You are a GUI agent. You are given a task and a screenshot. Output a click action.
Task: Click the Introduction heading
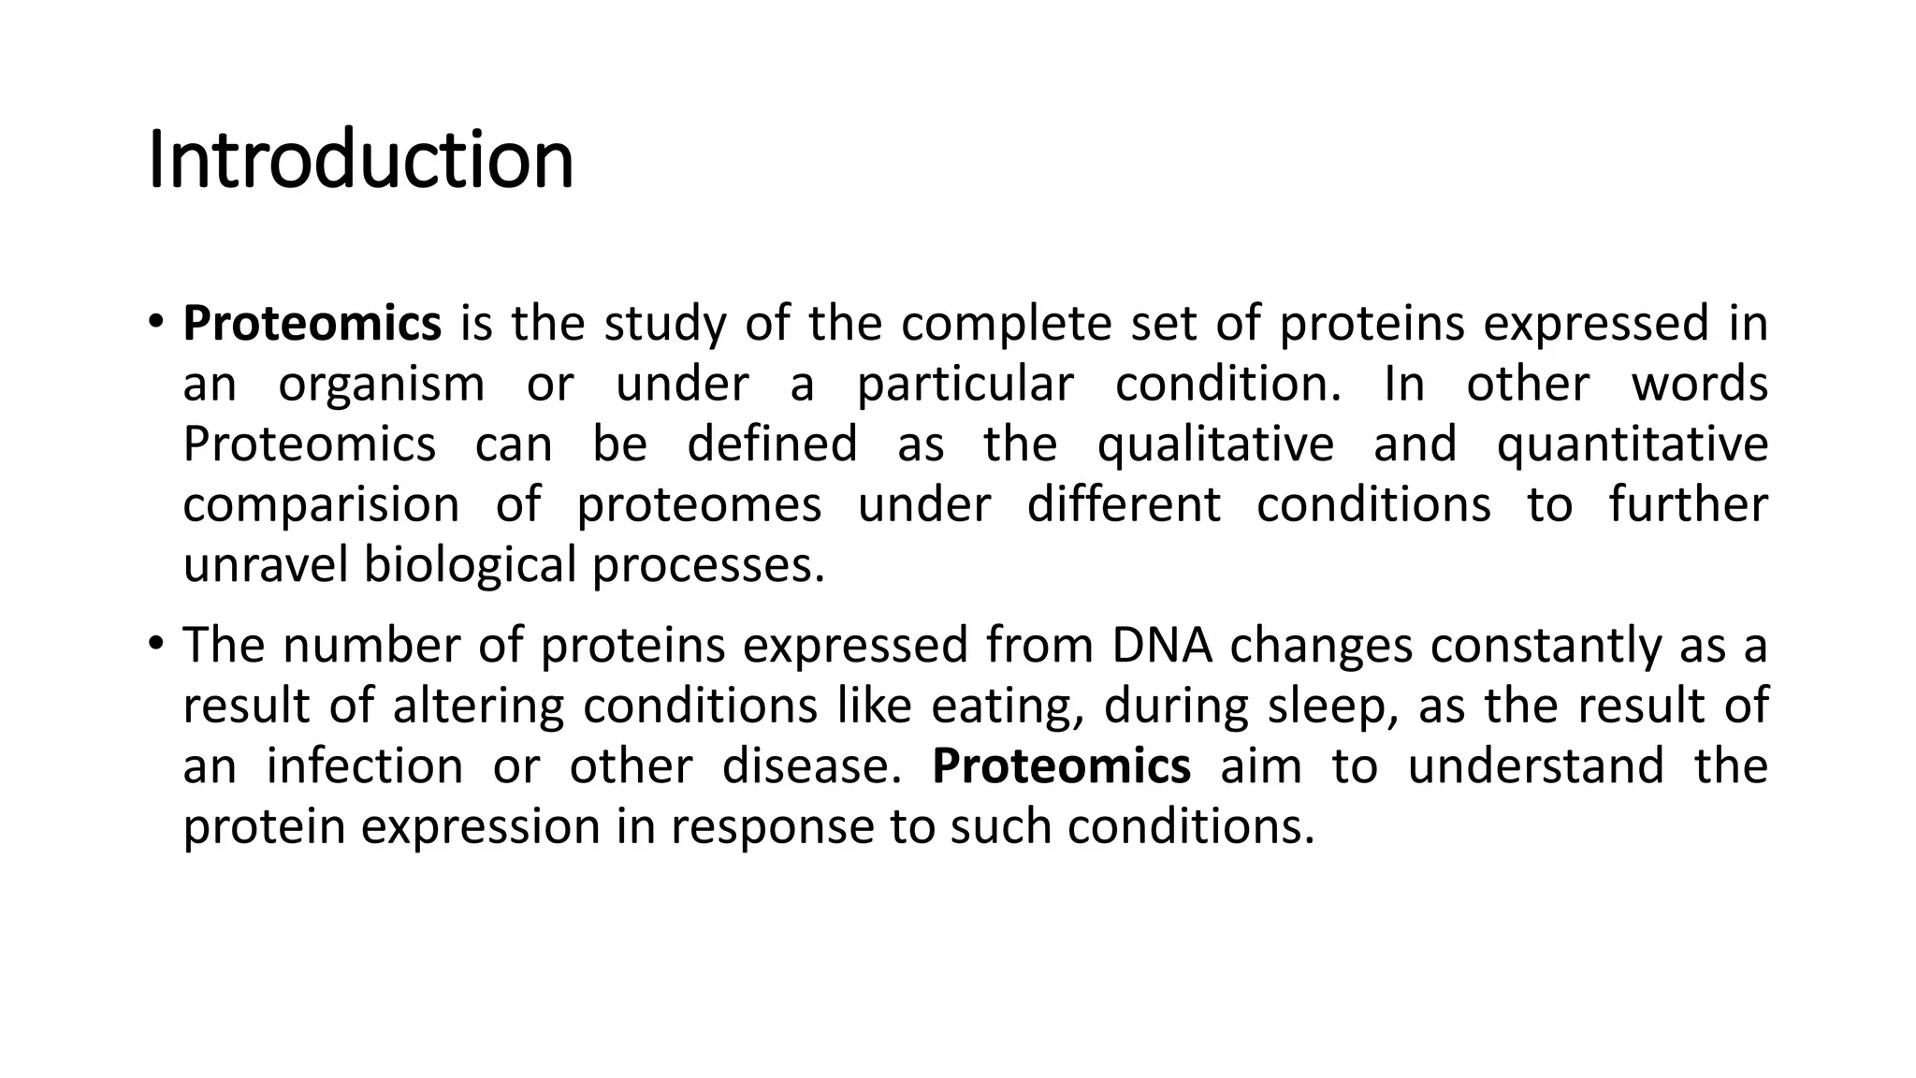pos(361,161)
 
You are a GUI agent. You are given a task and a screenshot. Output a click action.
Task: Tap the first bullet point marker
pos(155,323)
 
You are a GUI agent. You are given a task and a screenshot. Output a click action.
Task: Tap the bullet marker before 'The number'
pos(155,645)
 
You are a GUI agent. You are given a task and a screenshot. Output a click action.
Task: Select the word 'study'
pos(664,325)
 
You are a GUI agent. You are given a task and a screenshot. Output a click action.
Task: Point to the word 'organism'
pos(382,385)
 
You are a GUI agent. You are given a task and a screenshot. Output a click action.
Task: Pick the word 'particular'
pos(965,385)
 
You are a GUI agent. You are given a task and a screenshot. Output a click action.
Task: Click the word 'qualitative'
pos(1215,444)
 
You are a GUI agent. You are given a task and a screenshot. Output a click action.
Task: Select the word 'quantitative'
pos(1632,444)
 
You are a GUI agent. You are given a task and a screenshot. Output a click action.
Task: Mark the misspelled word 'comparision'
pos(321,505)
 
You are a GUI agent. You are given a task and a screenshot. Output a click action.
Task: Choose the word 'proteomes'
pos(699,505)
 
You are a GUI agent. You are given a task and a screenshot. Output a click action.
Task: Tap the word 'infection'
pos(365,766)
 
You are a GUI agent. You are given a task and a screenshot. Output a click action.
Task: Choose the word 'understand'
pos(1535,766)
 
